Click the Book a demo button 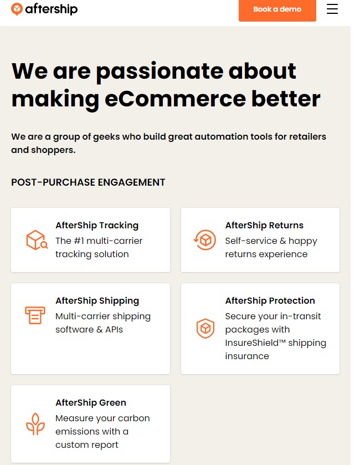click(x=277, y=10)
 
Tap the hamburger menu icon click(x=332, y=9)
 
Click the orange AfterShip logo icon click(x=17, y=9)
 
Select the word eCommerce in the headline click(x=175, y=99)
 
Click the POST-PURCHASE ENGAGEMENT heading click(x=88, y=182)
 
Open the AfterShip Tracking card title click(x=97, y=226)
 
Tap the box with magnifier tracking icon click(x=37, y=240)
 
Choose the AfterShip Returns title click(x=264, y=226)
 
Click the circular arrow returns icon click(x=205, y=240)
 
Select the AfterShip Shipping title click(x=97, y=301)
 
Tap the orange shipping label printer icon click(x=35, y=315)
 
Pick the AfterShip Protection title click(x=270, y=301)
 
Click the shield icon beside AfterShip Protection click(x=205, y=328)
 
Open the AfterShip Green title click(x=91, y=403)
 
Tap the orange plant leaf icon click(x=35, y=424)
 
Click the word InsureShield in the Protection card click(x=252, y=343)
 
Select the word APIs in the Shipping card click(x=114, y=329)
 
